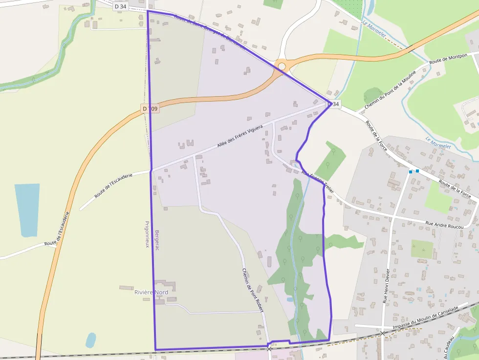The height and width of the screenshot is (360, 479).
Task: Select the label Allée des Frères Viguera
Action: (x=240, y=137)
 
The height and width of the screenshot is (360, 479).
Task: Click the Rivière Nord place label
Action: (x=151, y=292)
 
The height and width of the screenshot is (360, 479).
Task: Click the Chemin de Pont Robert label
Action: (x=253, y=290)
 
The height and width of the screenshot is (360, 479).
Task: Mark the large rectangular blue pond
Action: (x=27, y=210)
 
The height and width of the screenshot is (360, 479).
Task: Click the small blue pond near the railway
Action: (x=90, y=339)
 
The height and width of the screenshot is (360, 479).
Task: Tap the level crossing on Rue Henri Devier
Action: (x=383, y=333)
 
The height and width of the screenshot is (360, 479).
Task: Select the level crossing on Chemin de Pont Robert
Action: (x=269, y=349)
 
